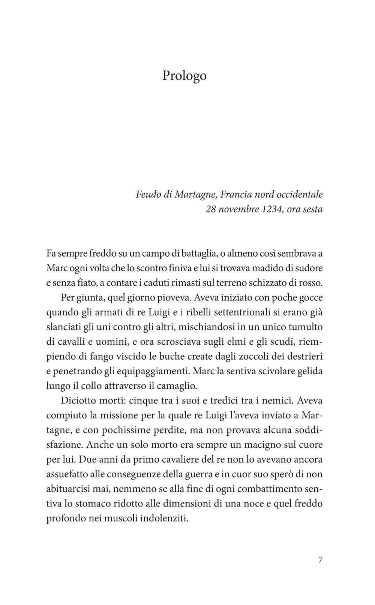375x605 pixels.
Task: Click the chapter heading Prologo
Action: tap(184, 76)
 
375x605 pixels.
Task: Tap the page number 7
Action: tap(320, 550)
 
